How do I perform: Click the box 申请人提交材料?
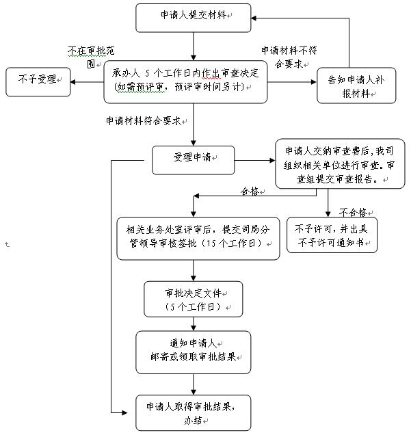pyautogui.click(x=194, y=16)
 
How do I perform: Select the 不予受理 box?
pyautogui.click(x=37, y=81)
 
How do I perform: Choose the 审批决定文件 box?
pyautogui.click(x=194, y=299)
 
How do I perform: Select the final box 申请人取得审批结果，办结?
pyautogui.click(x=193, y=412)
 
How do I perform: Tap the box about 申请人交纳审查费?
pyautogui.click(x=334, y=164)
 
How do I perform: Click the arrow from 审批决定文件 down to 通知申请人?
pyautogui.click(x=194, y=324)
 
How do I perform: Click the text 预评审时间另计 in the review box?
pyautogui.click(x=212, y=88)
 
